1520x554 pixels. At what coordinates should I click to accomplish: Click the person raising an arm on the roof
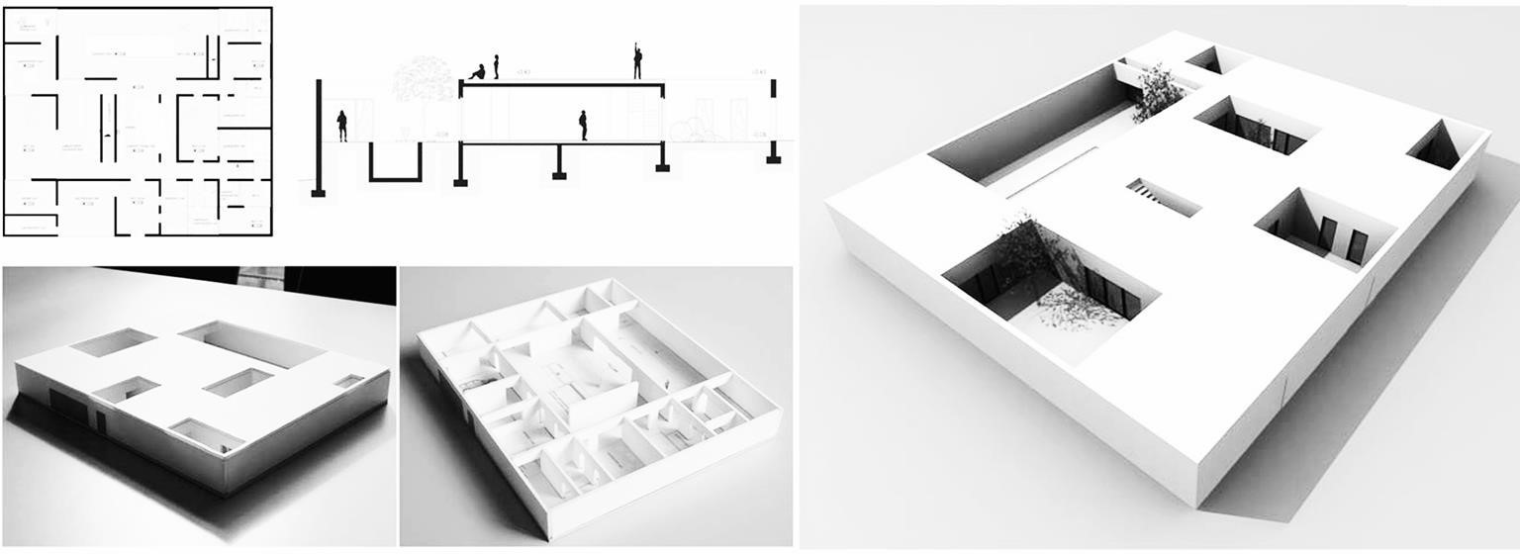pyautogui.click(x=638, y=61)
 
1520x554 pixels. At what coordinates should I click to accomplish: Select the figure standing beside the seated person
pyautogui.click(x=496, y=66)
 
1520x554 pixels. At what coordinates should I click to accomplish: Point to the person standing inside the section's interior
pyautogui.click(x=583, y=125)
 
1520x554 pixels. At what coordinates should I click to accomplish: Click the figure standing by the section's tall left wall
pyautogui.click(x=342, y=126)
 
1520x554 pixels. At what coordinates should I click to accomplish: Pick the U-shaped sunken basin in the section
pyautogui.click(x=395, y=163)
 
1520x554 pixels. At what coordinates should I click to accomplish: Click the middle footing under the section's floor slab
pyautogui.click(x=560, y=161)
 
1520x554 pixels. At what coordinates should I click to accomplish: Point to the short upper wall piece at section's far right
pyautogui.click(x=773, y=88)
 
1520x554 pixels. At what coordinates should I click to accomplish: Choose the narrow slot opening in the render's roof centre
pyautogui.click(x=1163, y=196)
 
